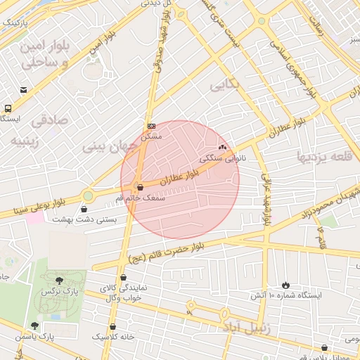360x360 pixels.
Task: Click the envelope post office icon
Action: pyautogui.click(x=24, y=90)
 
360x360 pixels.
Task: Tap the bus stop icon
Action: pyautogui.click(x=8, y=109)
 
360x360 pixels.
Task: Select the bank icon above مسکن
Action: pyautogui.click(x=150, y=127)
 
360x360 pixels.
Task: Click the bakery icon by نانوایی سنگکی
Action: pyautogui.click(x=223, y=148)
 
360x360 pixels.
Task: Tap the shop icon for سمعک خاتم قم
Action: pyautogui.click(x=139, y=188)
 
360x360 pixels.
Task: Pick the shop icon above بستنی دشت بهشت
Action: pyautogui.click(x=84, y=209)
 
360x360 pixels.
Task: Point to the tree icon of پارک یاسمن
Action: pyautogui.click(x=34, y=325)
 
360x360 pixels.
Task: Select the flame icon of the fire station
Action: pyautogui.click(x=285, y=284)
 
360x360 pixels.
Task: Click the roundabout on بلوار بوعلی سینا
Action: pyautogui.click(x=87, y=195)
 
